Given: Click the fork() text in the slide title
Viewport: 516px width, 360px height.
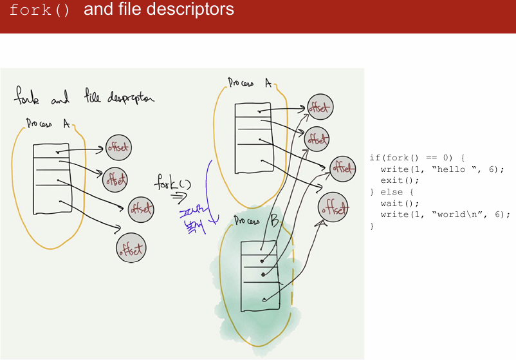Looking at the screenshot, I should pos(39,11).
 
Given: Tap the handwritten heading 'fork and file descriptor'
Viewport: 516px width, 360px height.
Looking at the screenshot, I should pos(84,98).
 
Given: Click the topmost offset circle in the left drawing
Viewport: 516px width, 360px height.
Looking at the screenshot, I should pos(117,147).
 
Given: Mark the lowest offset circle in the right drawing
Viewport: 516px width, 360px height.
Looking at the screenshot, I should pos(333,207).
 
